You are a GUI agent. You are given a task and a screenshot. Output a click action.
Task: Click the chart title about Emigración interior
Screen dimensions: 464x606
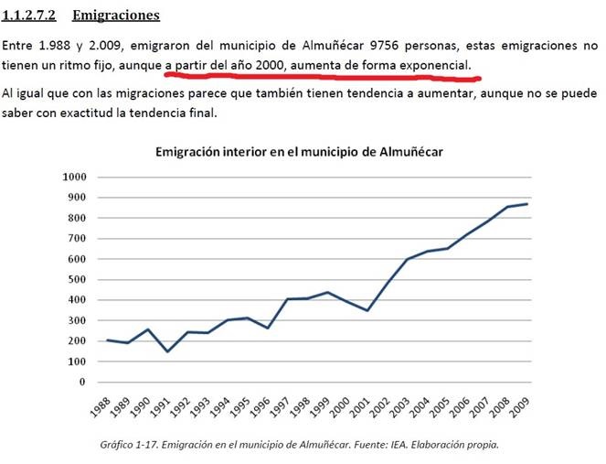click(299, 151)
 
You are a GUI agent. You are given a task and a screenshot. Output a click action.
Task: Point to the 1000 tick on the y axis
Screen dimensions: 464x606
click(75, 177)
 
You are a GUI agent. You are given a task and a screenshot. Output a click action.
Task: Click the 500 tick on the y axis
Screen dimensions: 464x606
click(79, 279)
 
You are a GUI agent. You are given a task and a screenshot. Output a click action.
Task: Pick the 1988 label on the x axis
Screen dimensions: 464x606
click(102, 409)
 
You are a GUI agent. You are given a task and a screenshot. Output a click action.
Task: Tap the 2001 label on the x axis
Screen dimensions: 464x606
click(361, 409)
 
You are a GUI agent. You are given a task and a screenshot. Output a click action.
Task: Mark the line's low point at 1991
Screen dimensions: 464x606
click(168, 351)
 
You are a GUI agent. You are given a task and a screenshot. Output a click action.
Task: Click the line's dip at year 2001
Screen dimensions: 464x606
click(367, 310)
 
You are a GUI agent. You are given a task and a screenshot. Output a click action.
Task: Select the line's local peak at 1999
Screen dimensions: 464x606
click(327, 292)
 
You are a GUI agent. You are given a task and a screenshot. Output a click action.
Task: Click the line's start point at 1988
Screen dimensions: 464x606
click(108, 340)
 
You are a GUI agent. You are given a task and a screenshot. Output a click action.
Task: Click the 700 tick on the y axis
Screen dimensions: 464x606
click(79, 238)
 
